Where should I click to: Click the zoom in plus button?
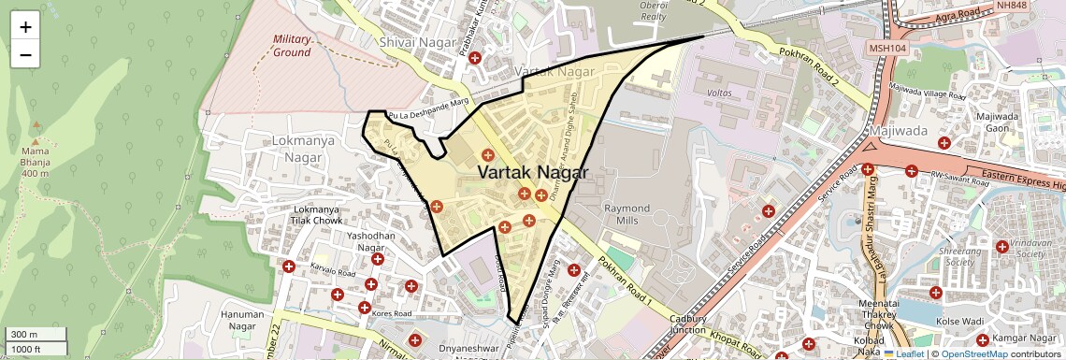25,26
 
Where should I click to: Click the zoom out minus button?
25,54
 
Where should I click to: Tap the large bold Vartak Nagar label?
533,172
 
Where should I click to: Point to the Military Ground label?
292,46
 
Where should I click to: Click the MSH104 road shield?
887,48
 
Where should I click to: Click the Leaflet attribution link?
902,353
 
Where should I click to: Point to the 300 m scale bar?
34,334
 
